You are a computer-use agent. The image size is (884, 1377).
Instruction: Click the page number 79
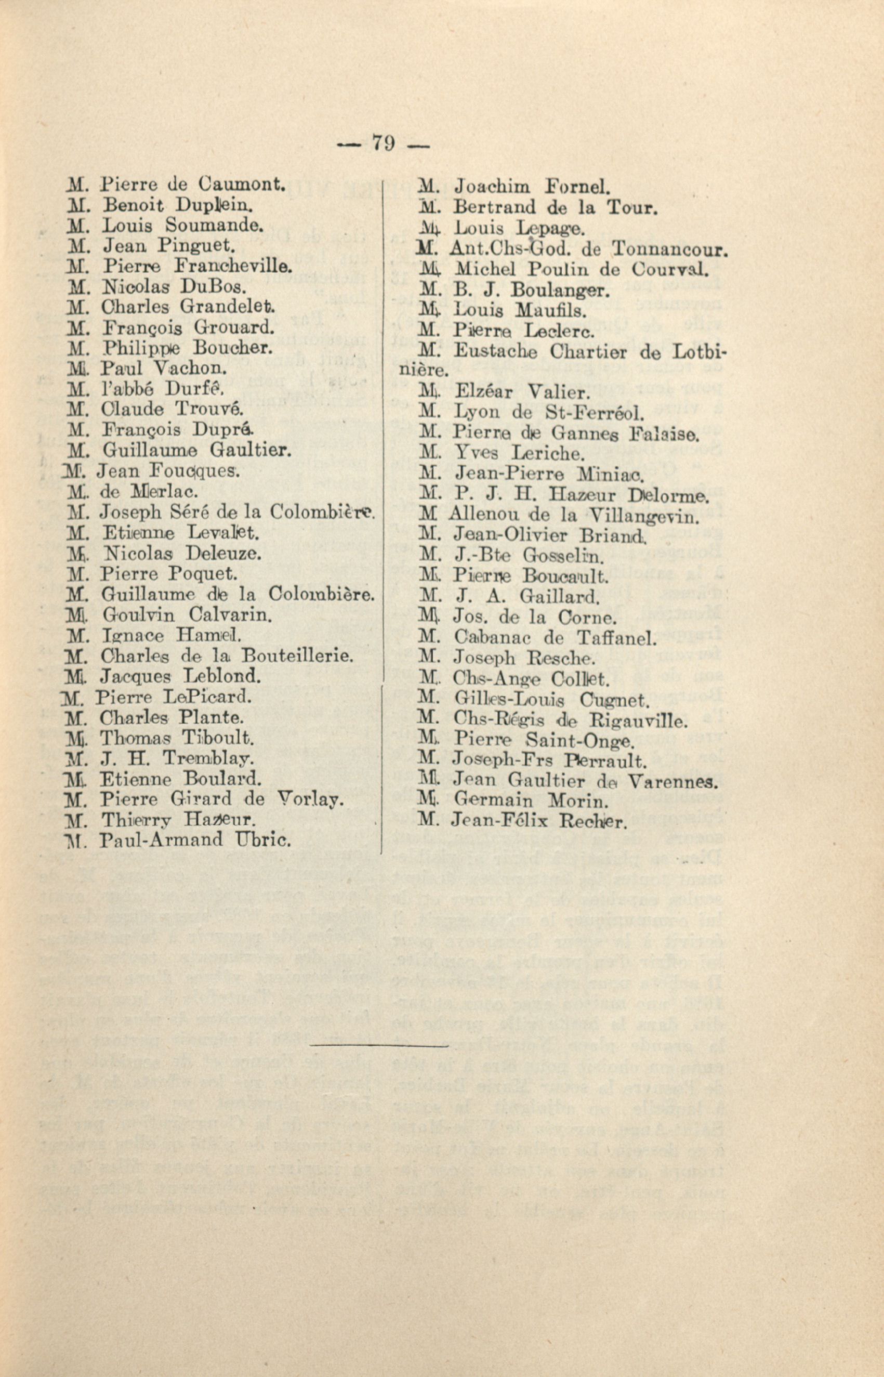point(384,142)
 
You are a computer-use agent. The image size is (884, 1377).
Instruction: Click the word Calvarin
point(230,615)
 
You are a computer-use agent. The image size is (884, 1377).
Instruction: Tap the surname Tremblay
point(209,758)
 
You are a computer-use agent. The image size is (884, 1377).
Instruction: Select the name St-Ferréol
point(598,412)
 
